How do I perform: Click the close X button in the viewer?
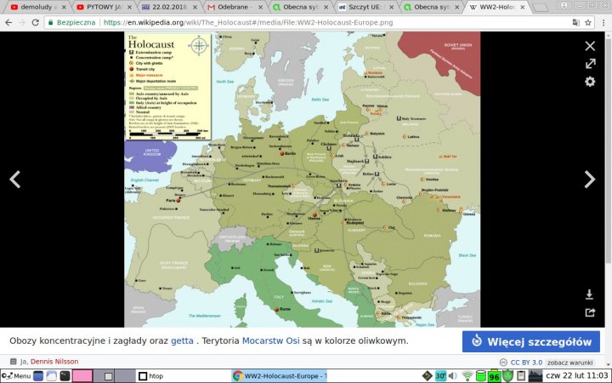click(590, 45)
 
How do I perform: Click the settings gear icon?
click(590, 82)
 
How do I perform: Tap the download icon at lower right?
click(590, 294)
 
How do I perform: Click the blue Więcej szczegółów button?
click(531, 341)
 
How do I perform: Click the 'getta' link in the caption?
click(182, 340)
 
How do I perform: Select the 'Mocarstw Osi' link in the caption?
click(270, 340)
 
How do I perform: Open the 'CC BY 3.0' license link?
click(527, 362)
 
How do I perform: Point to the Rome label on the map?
click(285, 308)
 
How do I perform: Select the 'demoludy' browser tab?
click(34, 6)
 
